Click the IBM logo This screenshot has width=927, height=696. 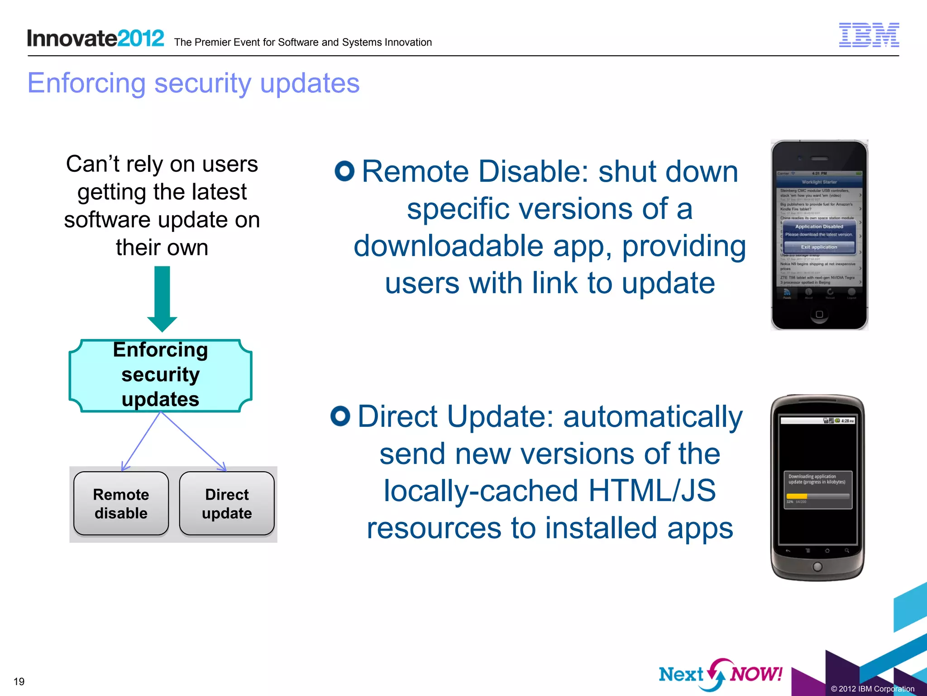(x=869, y=35)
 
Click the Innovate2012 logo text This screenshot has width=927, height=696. (x=95, y=39)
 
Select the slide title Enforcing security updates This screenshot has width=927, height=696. (x=193, y=83)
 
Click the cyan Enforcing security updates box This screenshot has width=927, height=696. (x=160, y=375)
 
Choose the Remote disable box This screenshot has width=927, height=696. (x=121, y=503)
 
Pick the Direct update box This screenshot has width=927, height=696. (x=227, y=503)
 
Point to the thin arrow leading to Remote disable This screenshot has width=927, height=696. (x=140, y=442)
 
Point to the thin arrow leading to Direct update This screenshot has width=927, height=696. (x=194, y=442)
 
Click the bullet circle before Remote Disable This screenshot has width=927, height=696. (x=344, y=171)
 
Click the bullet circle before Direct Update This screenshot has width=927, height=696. (x=340, y=416)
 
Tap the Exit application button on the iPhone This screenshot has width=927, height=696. (x=819, y=247)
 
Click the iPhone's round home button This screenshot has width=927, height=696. (x=819, y=314)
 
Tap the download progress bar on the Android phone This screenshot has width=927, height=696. (x=817, y=496)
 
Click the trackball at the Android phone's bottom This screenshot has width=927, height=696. (x=817, y=566)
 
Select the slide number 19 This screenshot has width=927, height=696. (x=19, y=681)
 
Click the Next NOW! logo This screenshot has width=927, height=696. (x=720, y=674)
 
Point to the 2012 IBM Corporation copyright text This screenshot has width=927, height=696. (x=872, y=689)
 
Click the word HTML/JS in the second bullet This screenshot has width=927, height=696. (x=651, y=491)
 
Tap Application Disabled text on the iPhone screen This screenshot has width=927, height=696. (x=819, y=227)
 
